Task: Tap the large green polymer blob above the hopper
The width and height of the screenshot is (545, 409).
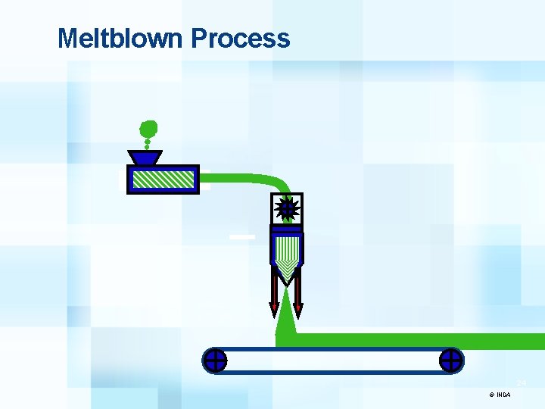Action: click(x=149, y=128)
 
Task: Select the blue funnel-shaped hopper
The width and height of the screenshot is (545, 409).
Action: click(x=145, y=158)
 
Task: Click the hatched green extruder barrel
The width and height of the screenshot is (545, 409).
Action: click(x=162, y=179)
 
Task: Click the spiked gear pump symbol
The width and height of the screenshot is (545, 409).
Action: click(x=287, y=208)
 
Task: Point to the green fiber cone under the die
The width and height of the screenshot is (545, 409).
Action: click(x=286, y=322)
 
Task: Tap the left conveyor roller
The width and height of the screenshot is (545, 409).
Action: click(x=215, y=361)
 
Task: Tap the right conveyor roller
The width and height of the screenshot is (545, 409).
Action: click(x=451, y=361)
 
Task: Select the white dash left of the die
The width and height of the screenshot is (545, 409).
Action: click(x=242, y=237)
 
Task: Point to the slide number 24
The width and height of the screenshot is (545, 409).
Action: click(x=522, y=382)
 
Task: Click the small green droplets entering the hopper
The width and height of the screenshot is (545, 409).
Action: click(x=147, y=144)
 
